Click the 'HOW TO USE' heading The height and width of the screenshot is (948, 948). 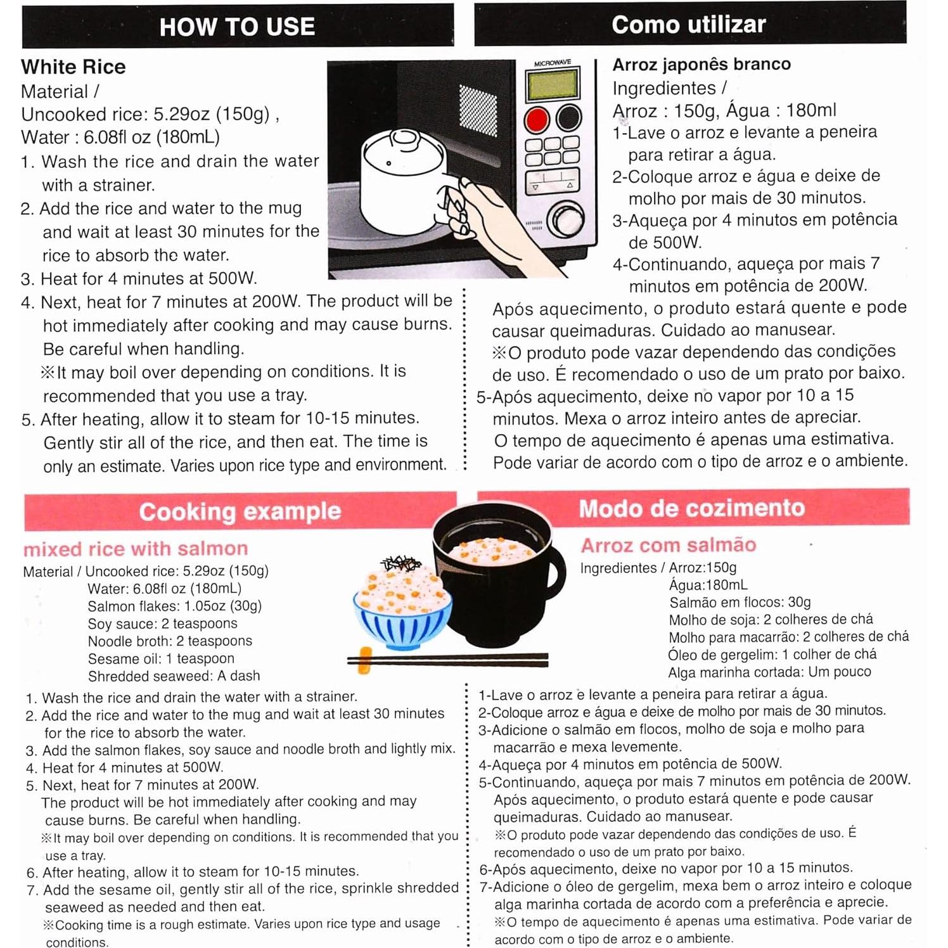click(237, 27)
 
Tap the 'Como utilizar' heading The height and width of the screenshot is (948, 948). click(689, 24)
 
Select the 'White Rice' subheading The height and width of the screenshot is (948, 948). click(74, 67)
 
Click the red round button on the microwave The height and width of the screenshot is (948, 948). click(537, 118)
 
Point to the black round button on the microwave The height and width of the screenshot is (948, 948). click(568, 118)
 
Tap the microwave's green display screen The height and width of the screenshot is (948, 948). click(553, 84)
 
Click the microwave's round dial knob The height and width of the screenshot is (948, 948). click(566, 219)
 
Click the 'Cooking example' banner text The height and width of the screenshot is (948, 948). click(240, 511)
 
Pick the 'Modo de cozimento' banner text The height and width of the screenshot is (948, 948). click(691, 508)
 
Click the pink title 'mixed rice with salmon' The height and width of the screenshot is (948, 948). click(136, 548)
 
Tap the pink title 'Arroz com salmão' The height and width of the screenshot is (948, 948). click(669, 545)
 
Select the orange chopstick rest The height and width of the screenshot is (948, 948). click(365, 660)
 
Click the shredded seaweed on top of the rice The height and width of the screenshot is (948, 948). click(400, 563)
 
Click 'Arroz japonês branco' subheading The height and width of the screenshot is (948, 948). click(701, 64)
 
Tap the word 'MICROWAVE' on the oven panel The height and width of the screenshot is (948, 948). click(552, 63)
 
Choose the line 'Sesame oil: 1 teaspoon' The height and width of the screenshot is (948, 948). click(161, 658)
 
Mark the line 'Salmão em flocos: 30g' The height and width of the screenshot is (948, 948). click(740, 602)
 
